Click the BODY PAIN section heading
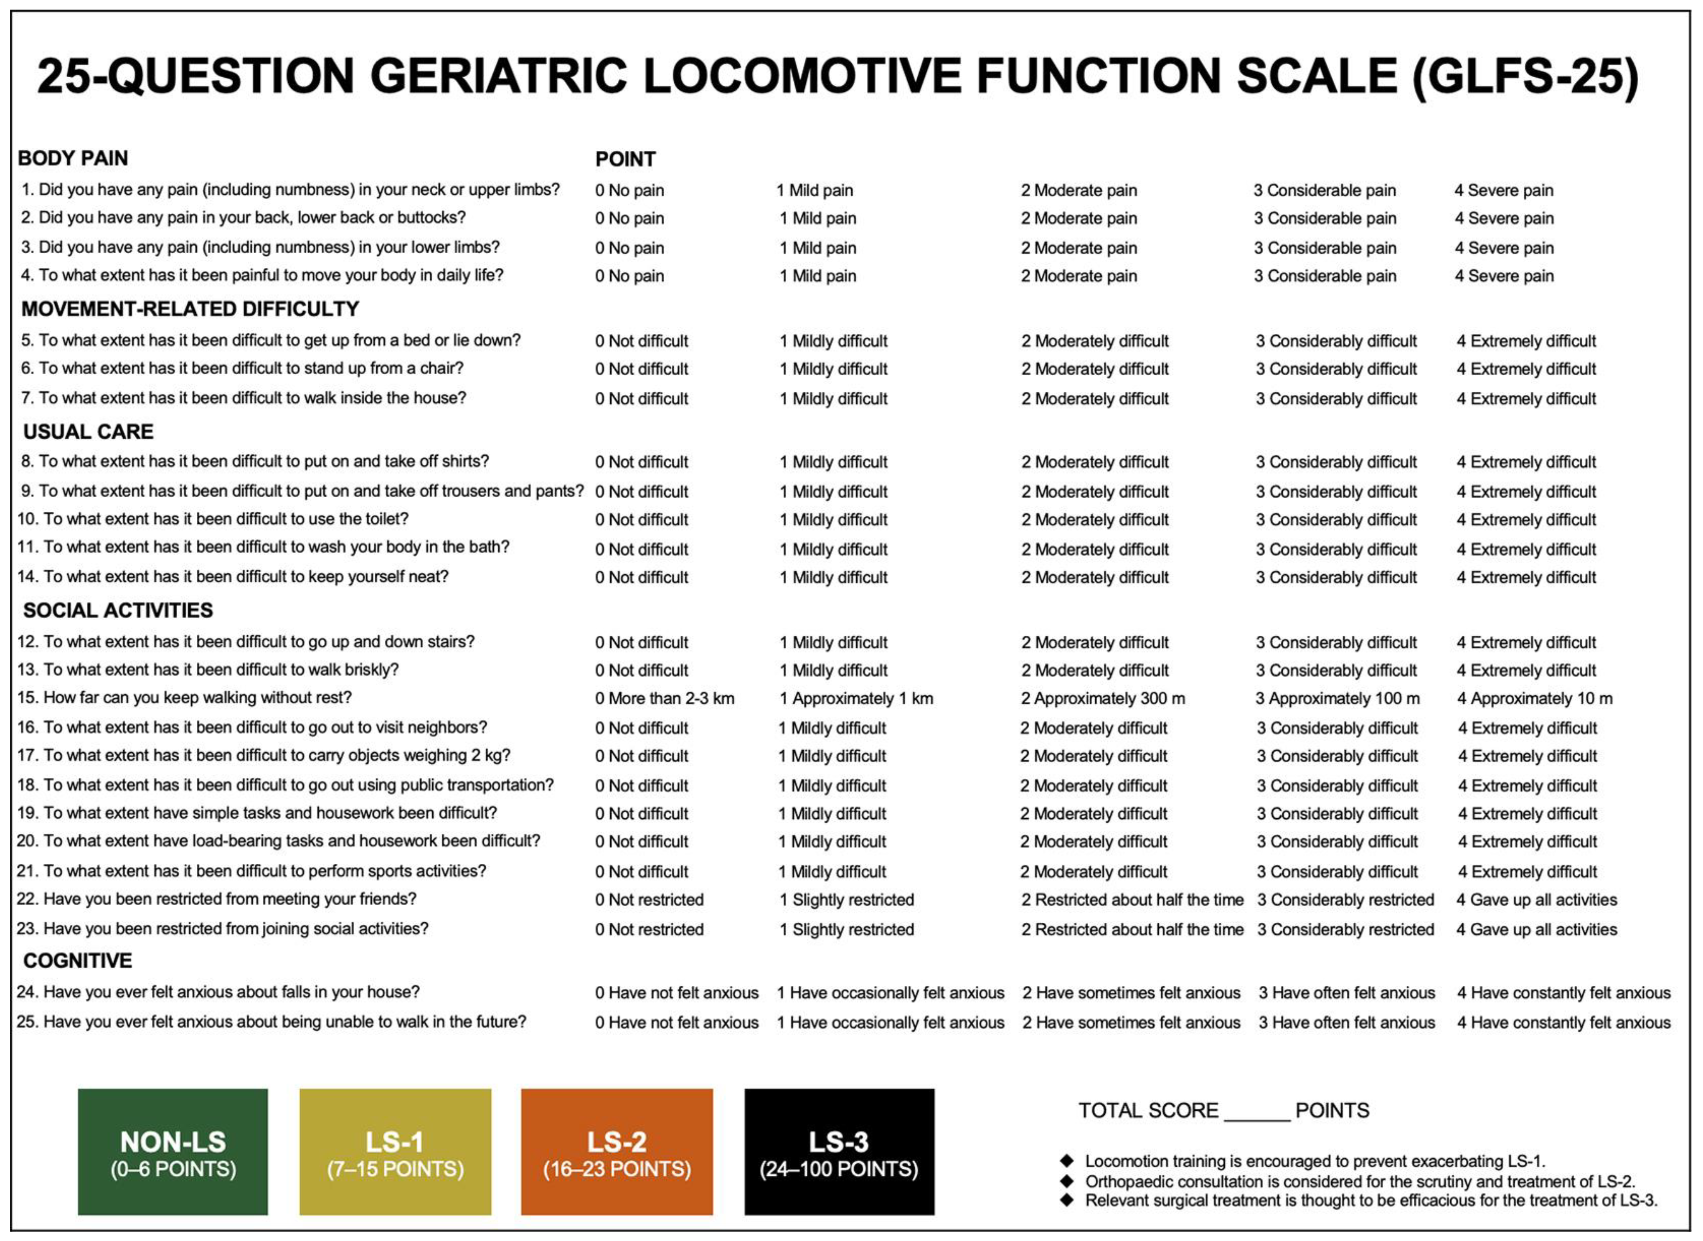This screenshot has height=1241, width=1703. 73,158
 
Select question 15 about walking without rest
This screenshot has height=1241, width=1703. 184,698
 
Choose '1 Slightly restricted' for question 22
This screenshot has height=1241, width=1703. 847,900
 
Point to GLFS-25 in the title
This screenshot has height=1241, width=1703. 1525,76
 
